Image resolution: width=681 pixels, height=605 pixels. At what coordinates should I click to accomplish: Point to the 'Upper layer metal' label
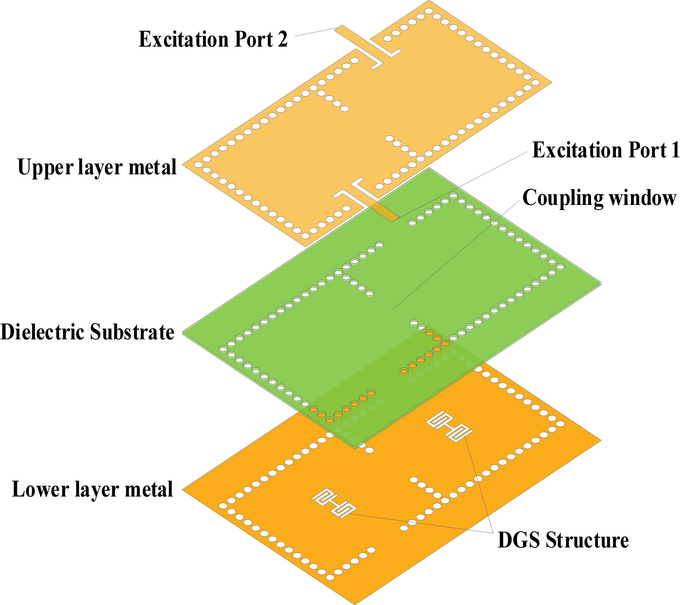click(x=97, y=167)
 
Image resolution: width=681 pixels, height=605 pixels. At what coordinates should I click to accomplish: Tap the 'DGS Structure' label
click(x=563, y=540)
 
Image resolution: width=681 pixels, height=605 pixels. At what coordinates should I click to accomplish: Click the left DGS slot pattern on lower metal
click(x=334, y=503)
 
